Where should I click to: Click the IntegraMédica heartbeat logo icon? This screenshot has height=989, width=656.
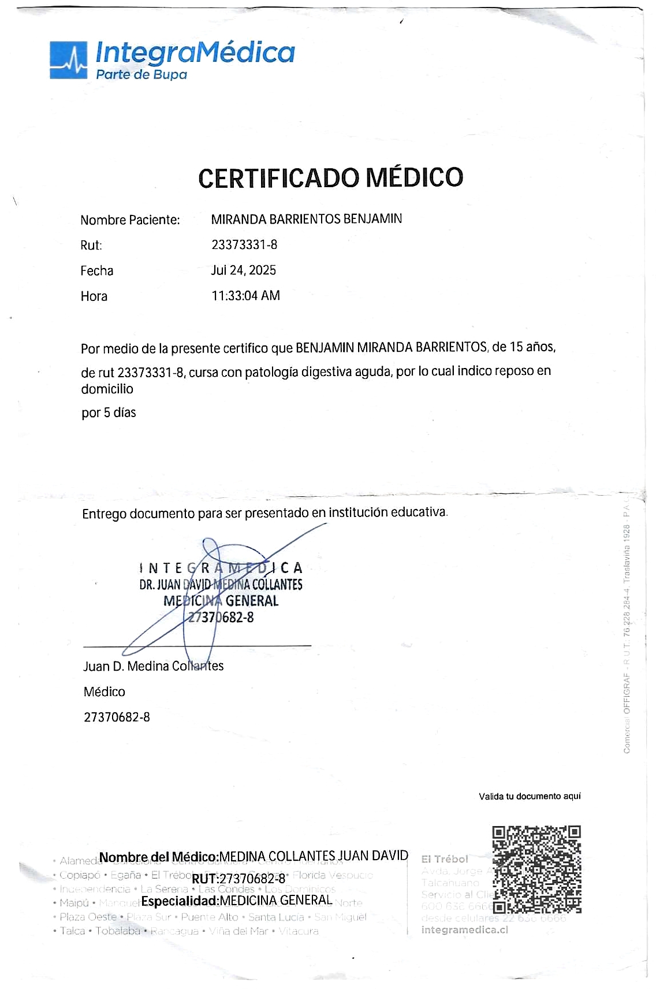click(68, 60)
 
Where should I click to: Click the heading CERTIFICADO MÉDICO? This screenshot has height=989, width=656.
click(330, 177)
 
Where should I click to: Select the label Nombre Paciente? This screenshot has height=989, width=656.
click(130, 220)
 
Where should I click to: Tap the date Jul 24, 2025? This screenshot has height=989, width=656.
click(244, 270)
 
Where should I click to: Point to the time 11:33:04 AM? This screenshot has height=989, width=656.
click(245, 296)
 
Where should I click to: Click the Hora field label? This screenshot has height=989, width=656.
click(94, 296)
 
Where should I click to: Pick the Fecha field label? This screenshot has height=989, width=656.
click(97, 271)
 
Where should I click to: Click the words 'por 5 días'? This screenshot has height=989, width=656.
click(109, 412)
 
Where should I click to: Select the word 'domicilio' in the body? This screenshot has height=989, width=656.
click(107, 389)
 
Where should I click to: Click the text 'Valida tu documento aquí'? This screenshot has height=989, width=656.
click(530, 797)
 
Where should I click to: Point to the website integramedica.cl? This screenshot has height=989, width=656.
click(465, 929)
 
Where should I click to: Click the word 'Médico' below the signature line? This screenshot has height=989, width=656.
click(104, 691)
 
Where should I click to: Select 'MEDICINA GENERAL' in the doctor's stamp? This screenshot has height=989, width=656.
click(221, 601)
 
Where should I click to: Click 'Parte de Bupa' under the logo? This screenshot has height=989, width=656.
click(141, 75)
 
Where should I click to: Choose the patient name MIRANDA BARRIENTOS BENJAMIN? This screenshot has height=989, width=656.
click(306, 220)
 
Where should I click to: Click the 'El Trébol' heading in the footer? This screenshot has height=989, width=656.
click(445, 859)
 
